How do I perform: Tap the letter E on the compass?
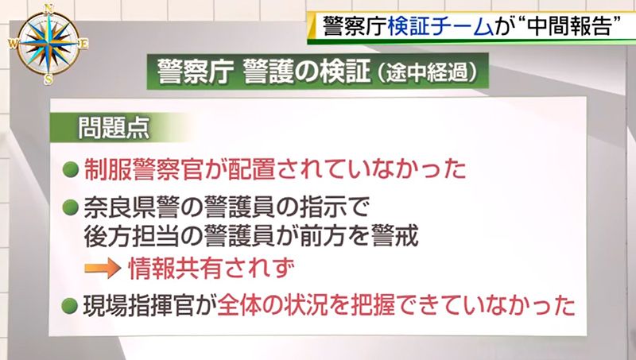click(x=83, y=44)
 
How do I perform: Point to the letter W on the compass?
click(x=13, y=44)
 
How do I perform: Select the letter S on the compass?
click(x=48, y=79)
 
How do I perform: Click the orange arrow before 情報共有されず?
click(x=103, y=269)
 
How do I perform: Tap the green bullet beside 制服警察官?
click(x=70, y=169)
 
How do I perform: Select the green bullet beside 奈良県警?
click(x=70, y=207)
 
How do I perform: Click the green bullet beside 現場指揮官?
click(x=70, y=306)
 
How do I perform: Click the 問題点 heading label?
click(x=114, y=128)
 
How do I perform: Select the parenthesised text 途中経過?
click(x=427, y=73)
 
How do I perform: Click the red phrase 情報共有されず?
click(x=211, y=269)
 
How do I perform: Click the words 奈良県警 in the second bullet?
click(x=130, y=207)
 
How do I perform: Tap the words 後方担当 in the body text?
click(x=130, y=236)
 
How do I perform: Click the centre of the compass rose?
click(x=48, y=44)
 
